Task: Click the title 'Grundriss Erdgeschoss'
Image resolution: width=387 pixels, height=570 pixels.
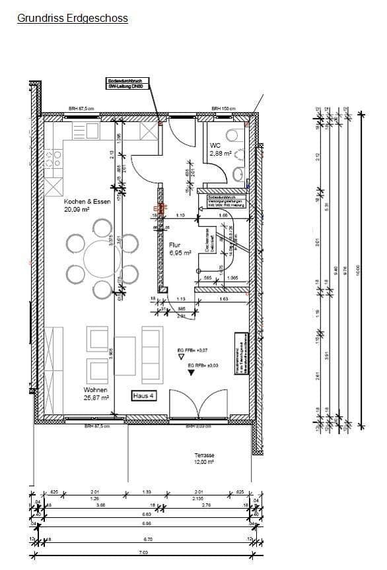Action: pyautogui.click(x=73, y=18)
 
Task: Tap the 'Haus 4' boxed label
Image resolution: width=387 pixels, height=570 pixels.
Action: pyautogui.click(x=143, y=396)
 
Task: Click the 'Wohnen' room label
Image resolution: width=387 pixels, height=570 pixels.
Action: pyautogui.click(x=95, y=390)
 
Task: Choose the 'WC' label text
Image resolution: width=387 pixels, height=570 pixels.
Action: pyautogui.click(x=215, y=145)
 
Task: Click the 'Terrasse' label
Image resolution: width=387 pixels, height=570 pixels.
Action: pyautogui.click(x=204, y=455)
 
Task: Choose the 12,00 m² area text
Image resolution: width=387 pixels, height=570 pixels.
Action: pyautogui.click(x=204, y=463)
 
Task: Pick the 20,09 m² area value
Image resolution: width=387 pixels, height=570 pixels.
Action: pyautogui.click(x=76, y=209)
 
